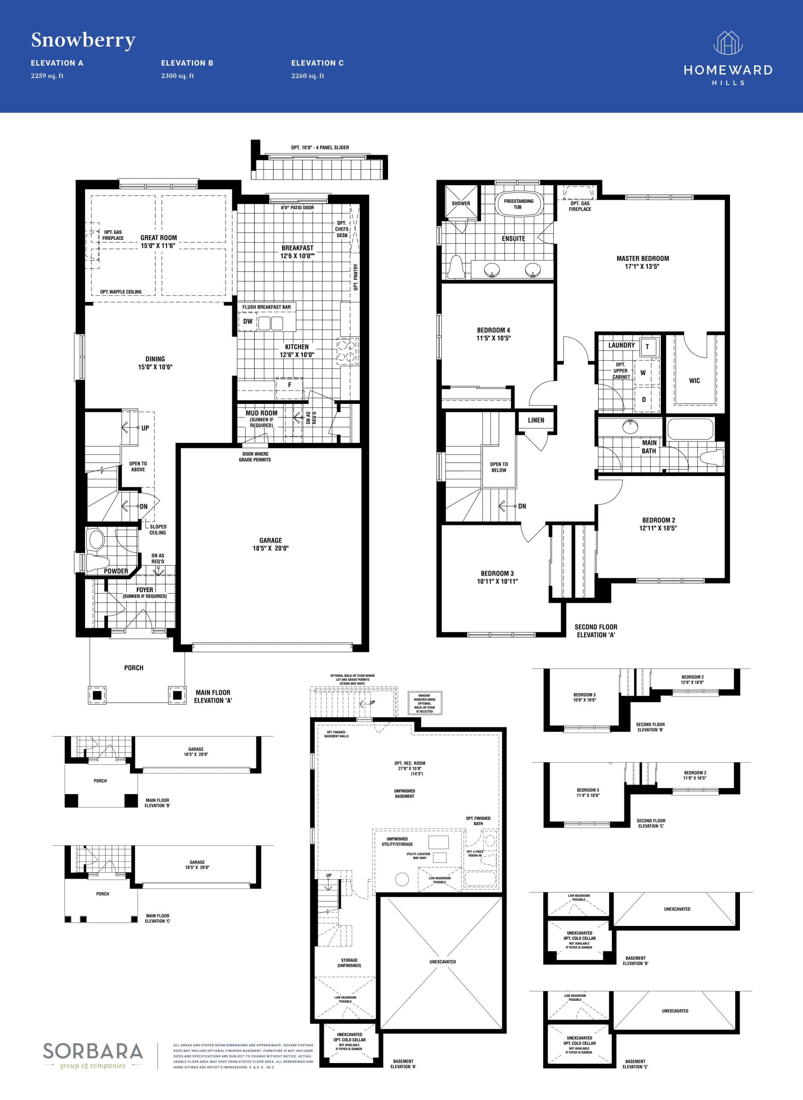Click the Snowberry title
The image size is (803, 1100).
[x=83, y=40]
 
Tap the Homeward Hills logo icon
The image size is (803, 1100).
[x=728, y=43]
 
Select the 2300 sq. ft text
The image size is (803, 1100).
[x=177, y=76]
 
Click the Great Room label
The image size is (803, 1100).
[x=158, y=238]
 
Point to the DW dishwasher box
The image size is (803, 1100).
[x=248, y=321]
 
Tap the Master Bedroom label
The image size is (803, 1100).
[x=642, y=259]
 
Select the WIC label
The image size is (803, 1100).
[x=694, y=381]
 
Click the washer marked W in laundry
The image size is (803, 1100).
[x=643, y=373]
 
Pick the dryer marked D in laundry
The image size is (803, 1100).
[x=644, y=400]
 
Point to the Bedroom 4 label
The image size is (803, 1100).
[x=493, y=330]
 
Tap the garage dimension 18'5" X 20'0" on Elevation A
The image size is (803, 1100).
[x=271, y=548]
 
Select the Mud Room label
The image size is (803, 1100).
[x=262, y=413]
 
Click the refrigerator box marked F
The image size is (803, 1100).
[x=290, y=385]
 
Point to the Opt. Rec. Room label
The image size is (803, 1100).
[x=410, y=764]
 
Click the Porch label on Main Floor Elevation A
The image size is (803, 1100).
[x=134, y=668]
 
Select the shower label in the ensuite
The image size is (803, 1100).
[x=461, y=204]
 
